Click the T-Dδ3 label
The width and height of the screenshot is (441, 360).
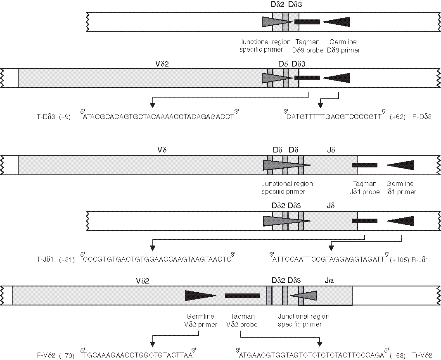click(46, 117)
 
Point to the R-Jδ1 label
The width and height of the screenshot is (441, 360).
click(421, 260)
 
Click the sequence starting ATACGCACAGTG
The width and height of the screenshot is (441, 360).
click(159, 117)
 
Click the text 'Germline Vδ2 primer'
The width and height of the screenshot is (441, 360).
click(201, 321)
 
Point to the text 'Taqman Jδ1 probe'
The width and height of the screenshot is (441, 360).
click(365, 188)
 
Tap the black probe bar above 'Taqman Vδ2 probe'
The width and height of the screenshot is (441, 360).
click(242, 296)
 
